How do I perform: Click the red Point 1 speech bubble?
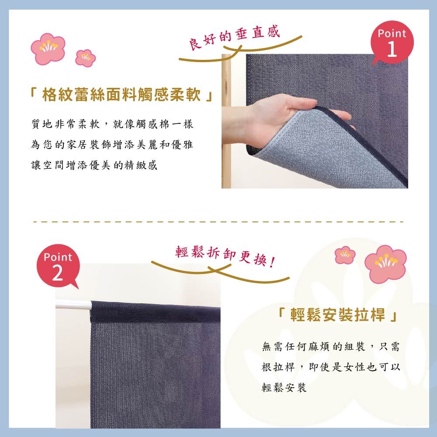pos(392,42)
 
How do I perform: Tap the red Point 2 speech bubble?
pos(58,266)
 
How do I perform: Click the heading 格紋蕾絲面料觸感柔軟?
pos(121,95)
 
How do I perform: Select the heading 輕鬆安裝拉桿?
pos(337,315)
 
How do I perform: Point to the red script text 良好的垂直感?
pos(234,37)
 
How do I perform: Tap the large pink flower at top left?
pos(48,49)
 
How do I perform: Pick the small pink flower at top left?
pos(85,58)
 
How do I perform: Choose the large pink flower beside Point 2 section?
pos(385,264)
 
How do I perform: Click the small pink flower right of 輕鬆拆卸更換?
pos(345,255)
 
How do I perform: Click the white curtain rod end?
pos(73,305)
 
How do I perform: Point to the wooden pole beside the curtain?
pos(226,121)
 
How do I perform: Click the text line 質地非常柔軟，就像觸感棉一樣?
pos(112,124)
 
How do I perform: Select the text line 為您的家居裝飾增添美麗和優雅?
pos(112,145)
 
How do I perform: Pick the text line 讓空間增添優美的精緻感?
pos(94,165)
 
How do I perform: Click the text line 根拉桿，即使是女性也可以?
pos(331,367)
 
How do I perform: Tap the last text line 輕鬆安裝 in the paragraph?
pos(284,387)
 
